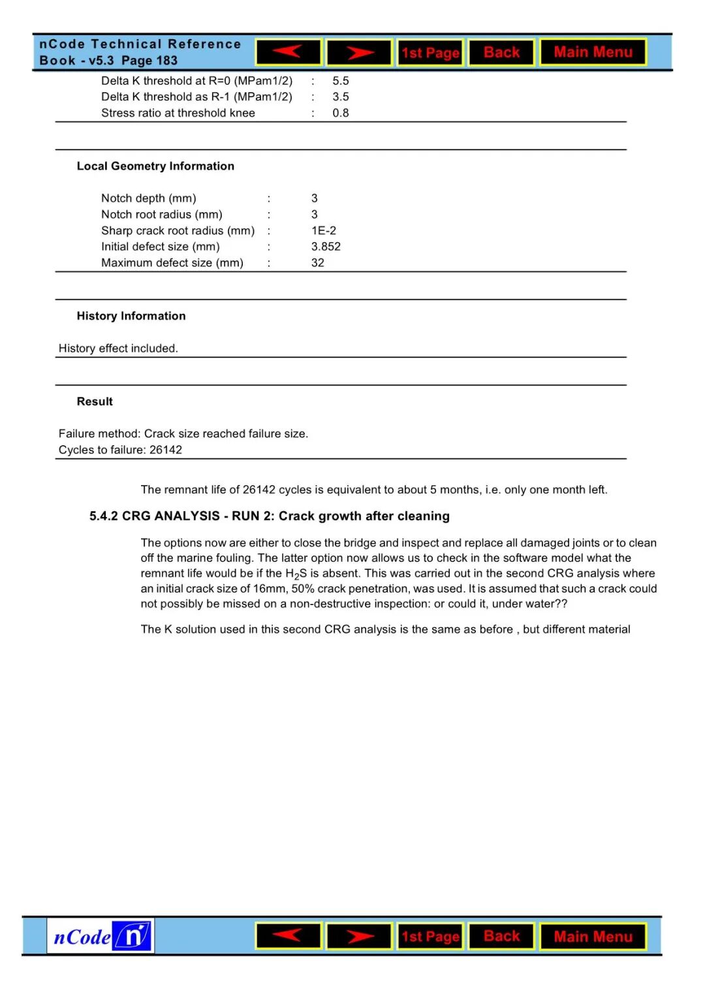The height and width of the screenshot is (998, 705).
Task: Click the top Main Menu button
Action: (x=593, y=52)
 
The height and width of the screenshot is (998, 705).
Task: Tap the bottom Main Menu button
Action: (x=593, y=937)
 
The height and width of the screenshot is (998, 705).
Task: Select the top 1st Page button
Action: (x=430, y=53)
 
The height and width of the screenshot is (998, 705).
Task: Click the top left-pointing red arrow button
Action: (x=288, y=52)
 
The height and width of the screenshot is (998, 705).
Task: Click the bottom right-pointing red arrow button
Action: (x=359, y=937)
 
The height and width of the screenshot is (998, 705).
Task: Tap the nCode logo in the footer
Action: (x=101, y=937)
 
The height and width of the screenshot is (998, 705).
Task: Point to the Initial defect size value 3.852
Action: (x=326, y=247)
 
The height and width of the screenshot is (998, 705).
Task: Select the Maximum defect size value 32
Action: (x=318, y=263)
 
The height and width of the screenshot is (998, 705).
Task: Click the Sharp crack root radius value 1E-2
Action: (x=324, y=230)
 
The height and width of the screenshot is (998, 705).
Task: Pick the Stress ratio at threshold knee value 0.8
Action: (x=341, y=113)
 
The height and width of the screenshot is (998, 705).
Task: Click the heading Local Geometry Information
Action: (x=155, y=166)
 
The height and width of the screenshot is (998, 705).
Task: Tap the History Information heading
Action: (x=131, y=316)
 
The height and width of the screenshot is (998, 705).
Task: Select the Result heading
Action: (x=95, y=401)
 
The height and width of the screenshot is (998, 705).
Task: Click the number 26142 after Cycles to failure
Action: (x=166, y=450)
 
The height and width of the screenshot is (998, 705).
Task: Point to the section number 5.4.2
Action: (x=104, y=516)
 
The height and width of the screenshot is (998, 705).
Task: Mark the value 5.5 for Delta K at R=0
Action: (x=341, y=81)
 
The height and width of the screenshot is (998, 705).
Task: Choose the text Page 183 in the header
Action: (x=149, y=61)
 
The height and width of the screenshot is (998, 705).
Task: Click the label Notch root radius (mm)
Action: (x=162, y=215)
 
